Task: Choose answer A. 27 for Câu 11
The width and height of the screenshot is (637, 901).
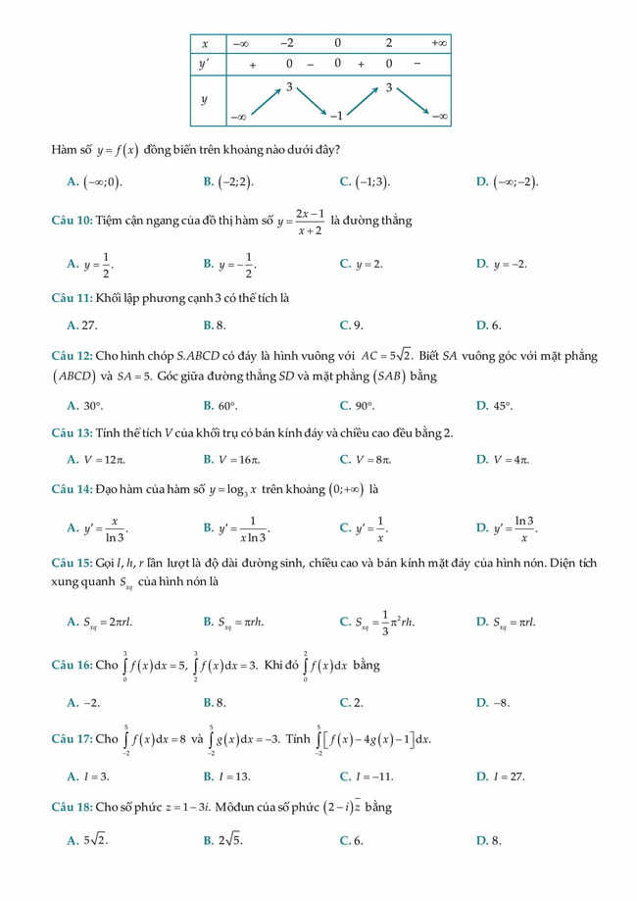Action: click(x=82, y=325)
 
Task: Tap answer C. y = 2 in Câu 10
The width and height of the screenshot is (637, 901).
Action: click(x=361, y=264)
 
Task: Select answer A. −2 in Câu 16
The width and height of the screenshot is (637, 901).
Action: click(x=83, y=702)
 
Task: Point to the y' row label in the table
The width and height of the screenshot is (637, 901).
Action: click(x=205, y=64)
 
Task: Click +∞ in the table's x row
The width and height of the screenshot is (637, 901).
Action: click(x=439, y=43)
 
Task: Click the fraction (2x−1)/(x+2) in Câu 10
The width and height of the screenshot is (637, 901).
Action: click(x=310, y=221)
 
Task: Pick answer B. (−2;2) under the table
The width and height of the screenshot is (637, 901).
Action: click(x=228, y=181)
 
